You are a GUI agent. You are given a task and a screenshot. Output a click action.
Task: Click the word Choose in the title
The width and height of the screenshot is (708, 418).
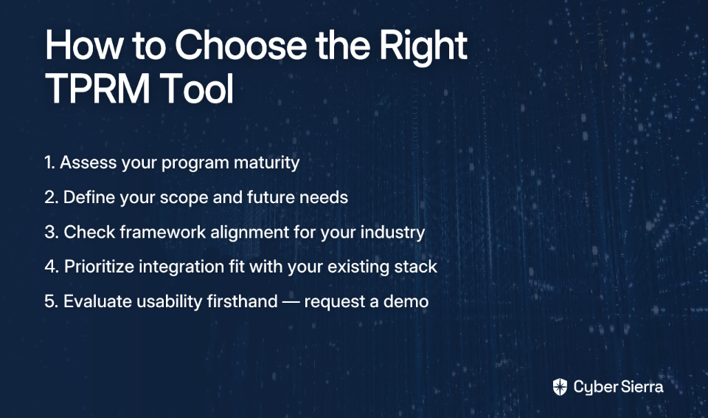241,45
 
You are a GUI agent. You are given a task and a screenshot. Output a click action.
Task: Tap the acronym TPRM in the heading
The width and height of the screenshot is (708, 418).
97,89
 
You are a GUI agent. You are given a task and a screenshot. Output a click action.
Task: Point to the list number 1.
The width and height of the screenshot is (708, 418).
49,162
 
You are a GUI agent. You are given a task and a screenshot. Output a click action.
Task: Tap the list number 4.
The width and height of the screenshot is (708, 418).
52,267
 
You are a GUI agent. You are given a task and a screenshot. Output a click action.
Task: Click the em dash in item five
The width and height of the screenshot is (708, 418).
291,302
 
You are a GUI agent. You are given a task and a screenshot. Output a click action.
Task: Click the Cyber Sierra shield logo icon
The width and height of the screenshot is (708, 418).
560,387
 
